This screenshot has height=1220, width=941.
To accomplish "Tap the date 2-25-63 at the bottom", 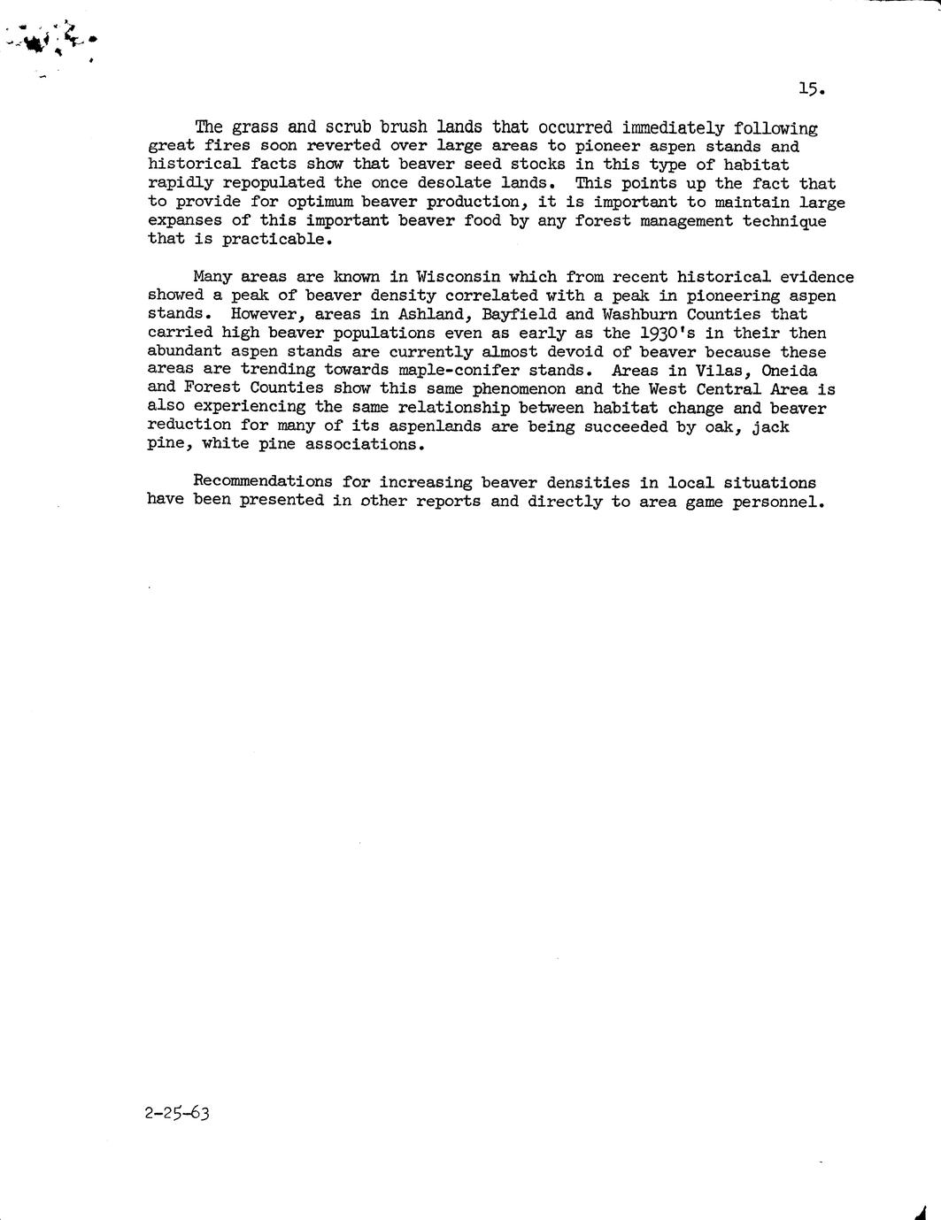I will [177, 1113].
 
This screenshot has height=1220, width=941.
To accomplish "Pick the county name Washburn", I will [639, 314].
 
